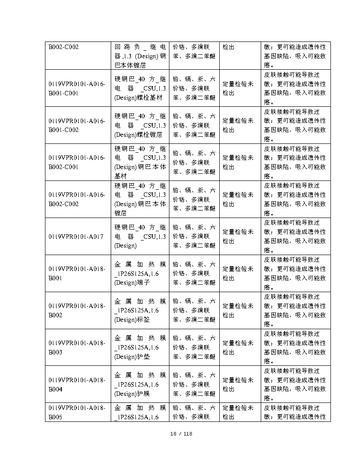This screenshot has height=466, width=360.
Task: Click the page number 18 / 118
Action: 181,434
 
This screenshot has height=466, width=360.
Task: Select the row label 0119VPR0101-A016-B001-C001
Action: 77,88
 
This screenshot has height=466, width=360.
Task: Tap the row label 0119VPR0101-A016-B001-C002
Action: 77,125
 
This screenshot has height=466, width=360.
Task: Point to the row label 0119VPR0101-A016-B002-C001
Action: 77,162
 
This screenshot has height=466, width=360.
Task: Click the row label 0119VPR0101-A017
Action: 76,237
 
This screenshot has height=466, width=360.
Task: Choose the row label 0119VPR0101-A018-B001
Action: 77,274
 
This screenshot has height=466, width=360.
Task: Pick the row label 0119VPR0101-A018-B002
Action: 77,311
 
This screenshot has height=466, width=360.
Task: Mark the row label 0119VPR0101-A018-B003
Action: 77,348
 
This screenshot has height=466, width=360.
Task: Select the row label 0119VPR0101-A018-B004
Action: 77,385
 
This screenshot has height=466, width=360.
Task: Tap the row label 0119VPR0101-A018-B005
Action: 77,413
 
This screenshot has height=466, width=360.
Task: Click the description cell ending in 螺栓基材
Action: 140,88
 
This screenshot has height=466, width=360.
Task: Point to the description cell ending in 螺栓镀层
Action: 140,125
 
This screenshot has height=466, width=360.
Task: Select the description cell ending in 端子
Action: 140,274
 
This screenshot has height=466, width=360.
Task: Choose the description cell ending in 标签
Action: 140,311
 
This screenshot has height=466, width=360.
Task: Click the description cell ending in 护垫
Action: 140,348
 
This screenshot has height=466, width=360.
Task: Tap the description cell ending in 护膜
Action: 140,385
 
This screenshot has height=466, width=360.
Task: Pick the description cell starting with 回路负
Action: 140,56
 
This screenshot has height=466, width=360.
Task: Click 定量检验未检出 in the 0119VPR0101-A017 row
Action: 238,237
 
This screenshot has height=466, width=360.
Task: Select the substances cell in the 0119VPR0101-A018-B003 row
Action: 194,348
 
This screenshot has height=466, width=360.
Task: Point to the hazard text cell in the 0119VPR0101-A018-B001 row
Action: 295,274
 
